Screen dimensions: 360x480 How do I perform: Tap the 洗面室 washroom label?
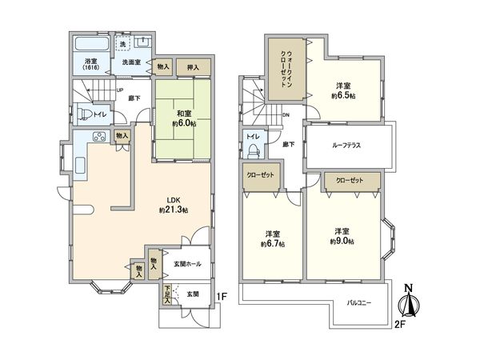(132, 62)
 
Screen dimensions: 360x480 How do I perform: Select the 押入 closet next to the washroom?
(194, 68)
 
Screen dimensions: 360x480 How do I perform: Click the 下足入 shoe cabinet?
(167, 294)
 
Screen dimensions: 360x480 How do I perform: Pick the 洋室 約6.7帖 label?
(272, 238)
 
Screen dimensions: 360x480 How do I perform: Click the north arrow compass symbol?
(409, 301)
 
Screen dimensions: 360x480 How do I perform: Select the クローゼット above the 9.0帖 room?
(349, 181)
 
